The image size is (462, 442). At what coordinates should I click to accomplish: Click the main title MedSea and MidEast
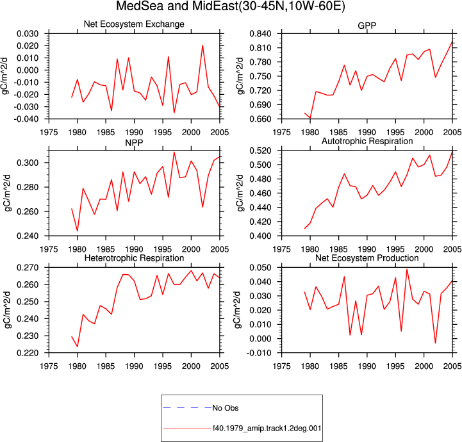[231, 6]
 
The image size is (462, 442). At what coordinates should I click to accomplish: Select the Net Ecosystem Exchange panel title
[134, 24]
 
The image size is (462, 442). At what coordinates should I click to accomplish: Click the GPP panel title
[367, 26]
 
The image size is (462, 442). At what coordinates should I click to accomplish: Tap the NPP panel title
[134, 143]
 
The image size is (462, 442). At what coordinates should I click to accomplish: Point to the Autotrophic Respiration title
[367, 142]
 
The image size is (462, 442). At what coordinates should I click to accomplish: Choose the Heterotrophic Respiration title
[134, 258]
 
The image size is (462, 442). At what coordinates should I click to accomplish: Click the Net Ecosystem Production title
[367, 258]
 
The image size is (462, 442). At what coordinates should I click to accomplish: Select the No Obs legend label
[226, 408]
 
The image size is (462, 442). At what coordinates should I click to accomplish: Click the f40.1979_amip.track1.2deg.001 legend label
[267, 428]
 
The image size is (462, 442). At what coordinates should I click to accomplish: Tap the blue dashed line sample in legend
[187, 408]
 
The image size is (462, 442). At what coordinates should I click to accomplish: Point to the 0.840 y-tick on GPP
[260, 34]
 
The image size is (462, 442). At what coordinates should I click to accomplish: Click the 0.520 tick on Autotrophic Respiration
[260, 151]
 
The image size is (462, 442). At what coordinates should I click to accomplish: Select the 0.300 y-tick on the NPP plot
[28, 163]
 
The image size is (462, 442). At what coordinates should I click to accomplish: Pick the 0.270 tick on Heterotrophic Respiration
[28, 268]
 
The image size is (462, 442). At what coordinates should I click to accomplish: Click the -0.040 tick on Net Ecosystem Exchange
[26, 119]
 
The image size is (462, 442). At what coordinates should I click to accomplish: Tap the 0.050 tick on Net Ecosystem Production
[260, 268]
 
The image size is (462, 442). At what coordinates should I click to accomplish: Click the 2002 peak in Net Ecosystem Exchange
[202, 45]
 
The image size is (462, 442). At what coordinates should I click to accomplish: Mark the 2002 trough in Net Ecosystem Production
[435, 343]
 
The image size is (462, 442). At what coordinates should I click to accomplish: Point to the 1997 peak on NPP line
[174, 152]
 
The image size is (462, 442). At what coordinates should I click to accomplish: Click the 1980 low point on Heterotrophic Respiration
[78, 347]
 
